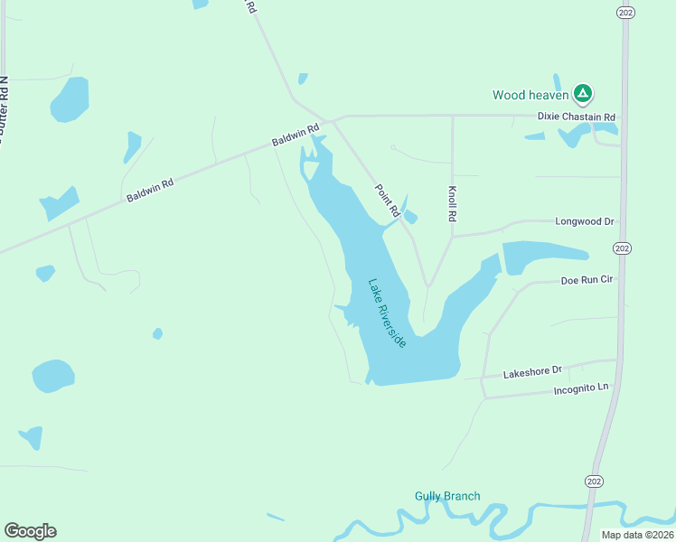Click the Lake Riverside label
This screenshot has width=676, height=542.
(387, 313)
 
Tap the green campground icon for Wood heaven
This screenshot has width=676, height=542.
(583, 93)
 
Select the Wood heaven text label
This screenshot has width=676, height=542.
(530, 95)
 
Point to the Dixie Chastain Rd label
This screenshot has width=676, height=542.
(576, 117)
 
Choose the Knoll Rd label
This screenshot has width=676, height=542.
(453, 205)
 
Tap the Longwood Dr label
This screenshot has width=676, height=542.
(584, 221)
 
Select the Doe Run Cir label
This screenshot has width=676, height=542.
(587, 280)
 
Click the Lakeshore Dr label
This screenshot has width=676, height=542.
(532, 370)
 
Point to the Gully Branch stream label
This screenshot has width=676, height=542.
(447, 496)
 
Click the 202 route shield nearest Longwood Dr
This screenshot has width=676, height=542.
(622, 248)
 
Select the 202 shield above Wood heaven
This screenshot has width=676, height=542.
(624, 12)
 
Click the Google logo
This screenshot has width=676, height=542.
(30, 531)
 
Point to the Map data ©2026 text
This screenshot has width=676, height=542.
(636, 535)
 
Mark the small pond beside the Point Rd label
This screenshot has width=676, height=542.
(410, 217)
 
